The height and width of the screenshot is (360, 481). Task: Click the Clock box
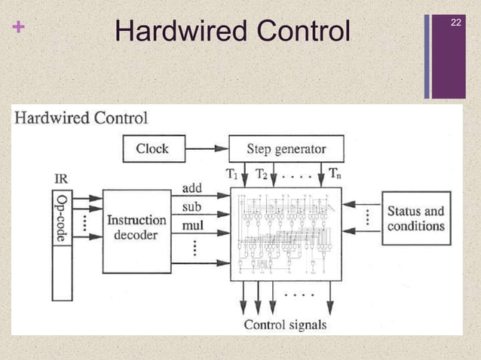point(153,148)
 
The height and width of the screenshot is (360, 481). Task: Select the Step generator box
point(286,148)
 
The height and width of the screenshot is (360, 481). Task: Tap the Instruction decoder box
point(136,227)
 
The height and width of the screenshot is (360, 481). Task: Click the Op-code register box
point(63,218)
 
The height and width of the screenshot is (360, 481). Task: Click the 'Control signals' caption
point(286,325)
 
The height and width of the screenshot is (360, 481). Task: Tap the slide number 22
point(455,24)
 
